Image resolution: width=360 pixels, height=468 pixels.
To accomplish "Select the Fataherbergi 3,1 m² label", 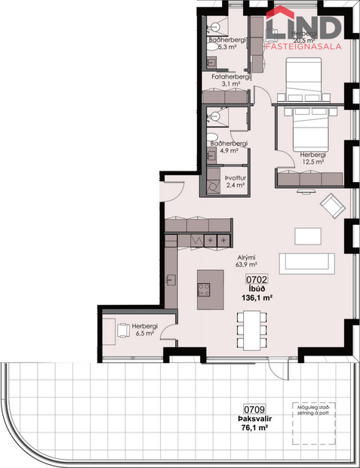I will pyautogui.click(x=231, y=81).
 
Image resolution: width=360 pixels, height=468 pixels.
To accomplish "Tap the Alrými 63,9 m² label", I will pyautogui.click(x=246, y=261).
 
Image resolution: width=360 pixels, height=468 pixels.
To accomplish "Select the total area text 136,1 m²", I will pyautogui.click(x=257, y=297).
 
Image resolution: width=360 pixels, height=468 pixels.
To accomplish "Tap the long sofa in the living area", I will pyautogui.click(x=307, y=263).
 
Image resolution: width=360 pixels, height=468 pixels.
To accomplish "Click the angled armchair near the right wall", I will pyautogui.click(x=331, y=204).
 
